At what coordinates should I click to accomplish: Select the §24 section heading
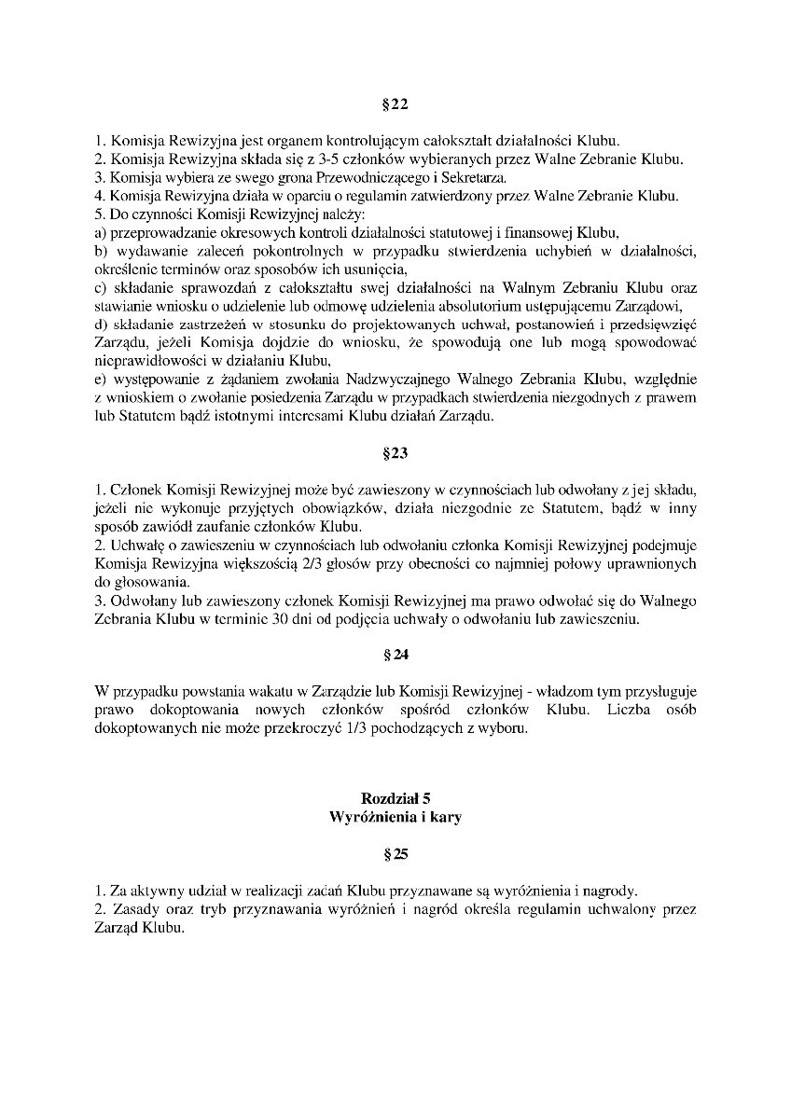395,655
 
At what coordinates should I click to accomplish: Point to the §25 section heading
395,853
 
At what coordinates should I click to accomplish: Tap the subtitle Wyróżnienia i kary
395,817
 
